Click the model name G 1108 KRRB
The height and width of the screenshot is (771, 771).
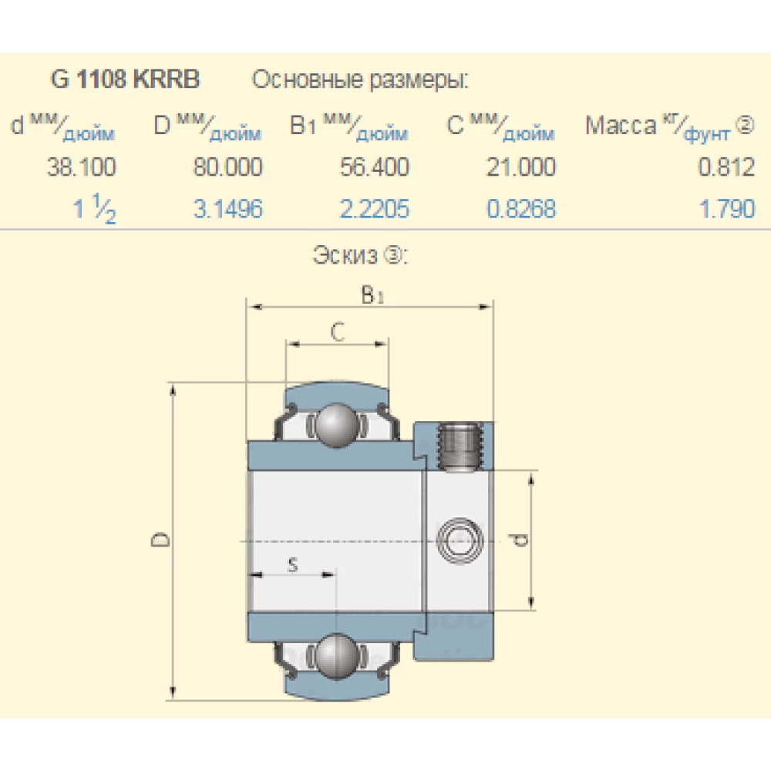click(x=125, y=79)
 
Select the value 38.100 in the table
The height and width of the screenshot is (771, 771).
click(x=81, y=167)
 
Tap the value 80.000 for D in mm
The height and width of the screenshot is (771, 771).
click(x=227, y=167)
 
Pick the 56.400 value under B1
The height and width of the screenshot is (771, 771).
click(x=375, y=167)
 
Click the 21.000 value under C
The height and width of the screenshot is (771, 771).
click(x=520, y=167)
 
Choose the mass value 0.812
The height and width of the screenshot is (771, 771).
click(x=726, y=167)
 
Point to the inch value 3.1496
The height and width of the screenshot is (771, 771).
click(x=227, y=209)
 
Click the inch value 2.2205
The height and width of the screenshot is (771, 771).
click(x=375, y=209)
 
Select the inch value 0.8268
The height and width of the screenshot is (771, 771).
click(x=520, y=209)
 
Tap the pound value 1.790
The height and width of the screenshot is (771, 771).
click(x=726, y=209)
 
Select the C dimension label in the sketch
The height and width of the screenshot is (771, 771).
click(x=337, y=332)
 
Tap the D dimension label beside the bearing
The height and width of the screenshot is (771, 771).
click(x=160, y=540)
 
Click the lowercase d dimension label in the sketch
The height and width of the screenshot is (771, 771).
click(x=521, y=540)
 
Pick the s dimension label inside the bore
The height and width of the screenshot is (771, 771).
click(x=292, y=564)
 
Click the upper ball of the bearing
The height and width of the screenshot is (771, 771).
click(x=336, y=425)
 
